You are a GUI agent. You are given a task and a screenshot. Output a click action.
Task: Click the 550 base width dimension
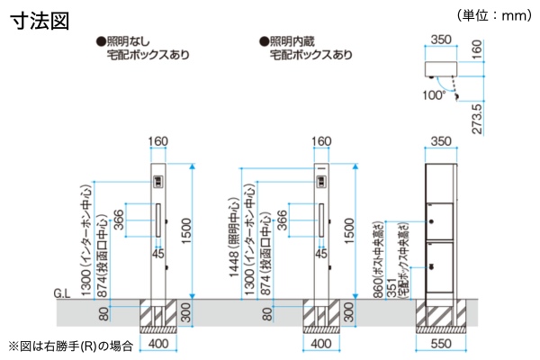[440, 345]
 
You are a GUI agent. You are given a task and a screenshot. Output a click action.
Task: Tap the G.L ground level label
[62, 293]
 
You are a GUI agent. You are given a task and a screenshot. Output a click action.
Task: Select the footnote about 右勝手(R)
[71, 345]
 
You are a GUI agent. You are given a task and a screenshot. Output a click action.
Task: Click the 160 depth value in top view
[476, 49]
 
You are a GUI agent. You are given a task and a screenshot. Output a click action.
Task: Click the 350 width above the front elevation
[440, 141]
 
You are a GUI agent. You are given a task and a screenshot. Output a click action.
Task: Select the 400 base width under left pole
[158, 345]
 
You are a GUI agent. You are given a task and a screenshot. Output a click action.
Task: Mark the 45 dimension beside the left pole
[157, 255]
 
